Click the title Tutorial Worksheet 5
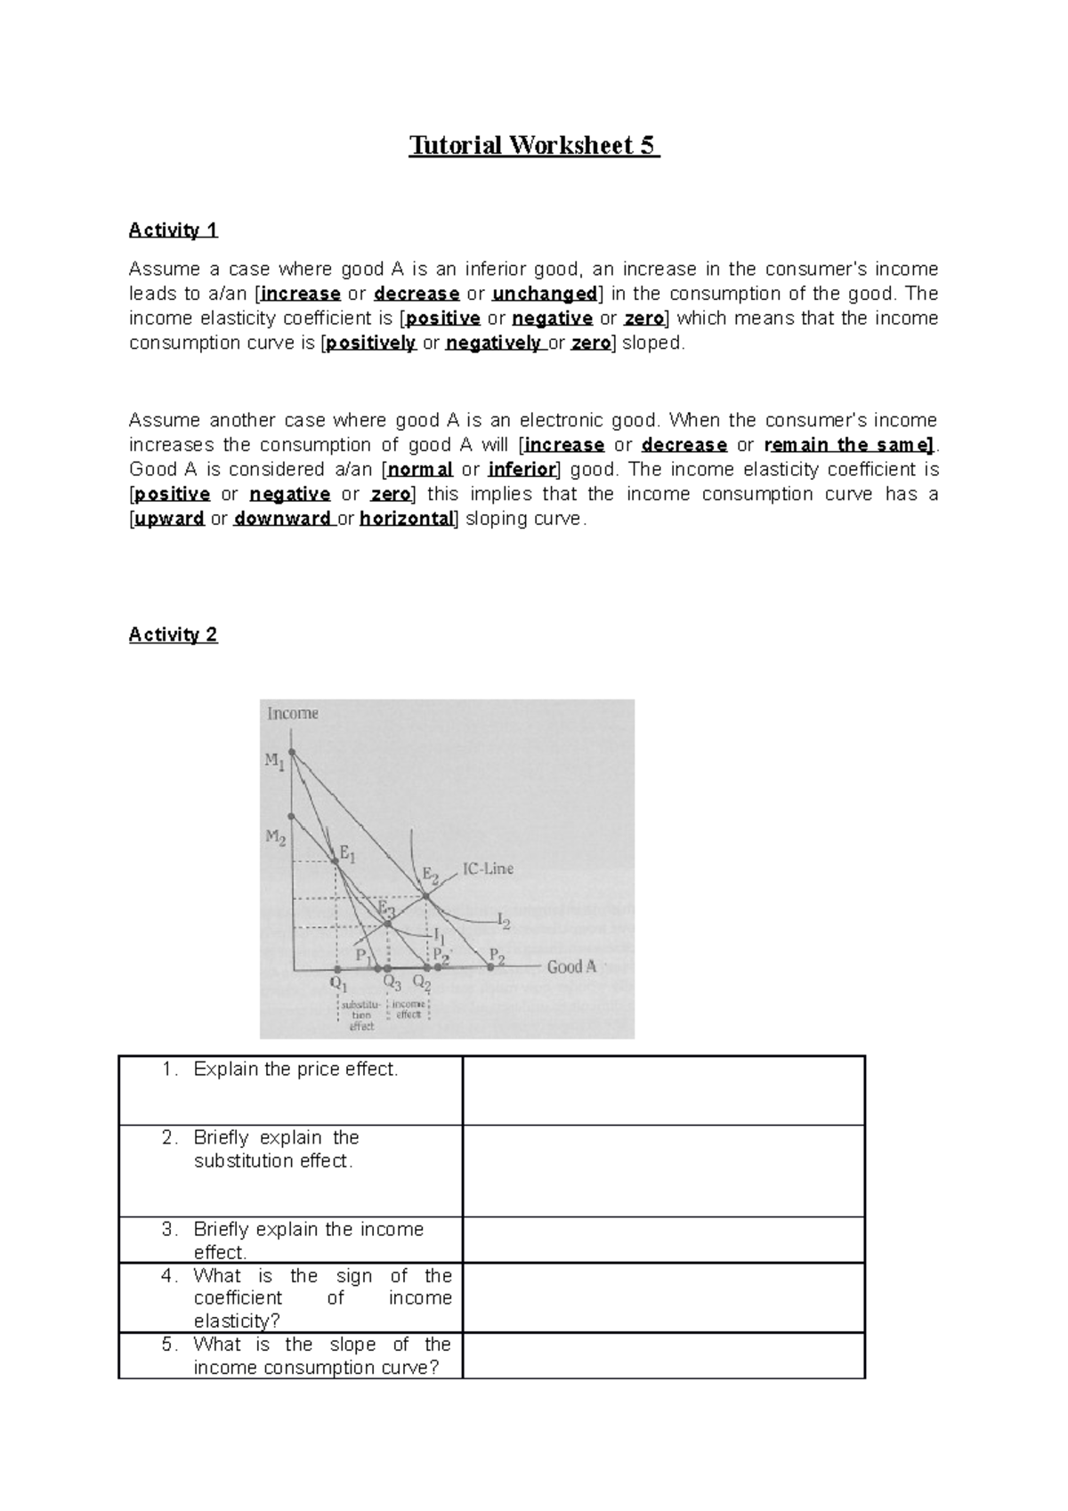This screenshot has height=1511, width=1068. tap(533, 145)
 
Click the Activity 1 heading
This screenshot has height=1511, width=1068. tap(173, 230)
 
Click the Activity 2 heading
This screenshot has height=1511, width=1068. tap(173, 634)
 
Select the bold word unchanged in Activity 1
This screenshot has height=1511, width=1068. tap(544, 294)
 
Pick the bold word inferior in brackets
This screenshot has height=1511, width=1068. tap(522, 470)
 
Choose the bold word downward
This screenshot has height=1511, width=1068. tap(282, 519)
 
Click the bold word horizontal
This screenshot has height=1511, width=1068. tap(407, 519)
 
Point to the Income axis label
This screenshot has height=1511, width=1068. tap(292, 714)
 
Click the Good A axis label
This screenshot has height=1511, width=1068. tap(571, 966)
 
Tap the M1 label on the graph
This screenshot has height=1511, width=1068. tap(274, 761)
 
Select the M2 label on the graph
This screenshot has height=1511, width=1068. tap(275, 837)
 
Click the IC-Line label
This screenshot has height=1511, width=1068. tap(488, 869)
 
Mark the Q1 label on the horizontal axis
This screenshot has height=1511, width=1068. tap(338, 985)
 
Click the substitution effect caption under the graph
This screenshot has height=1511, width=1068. tap(361, 1015)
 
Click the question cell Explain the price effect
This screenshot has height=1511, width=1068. tap(295, 1070)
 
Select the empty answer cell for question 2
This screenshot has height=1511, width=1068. tap(663, 1170)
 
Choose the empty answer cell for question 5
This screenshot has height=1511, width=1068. tap(663, 1355)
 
